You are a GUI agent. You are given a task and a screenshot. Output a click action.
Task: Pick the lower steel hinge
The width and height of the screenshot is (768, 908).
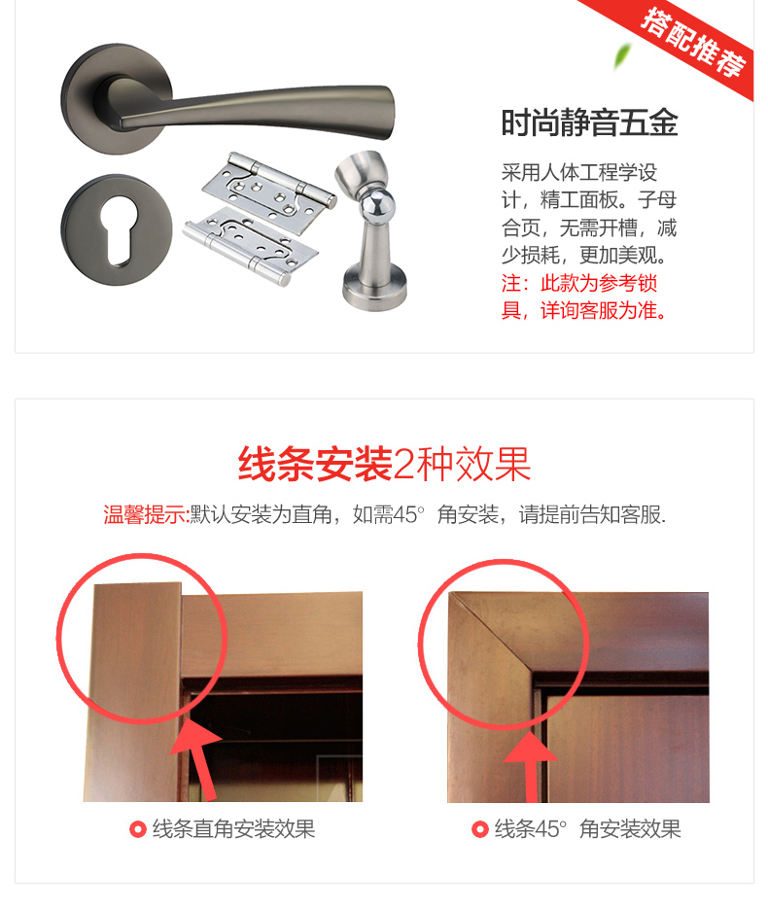click(x=250, y=246)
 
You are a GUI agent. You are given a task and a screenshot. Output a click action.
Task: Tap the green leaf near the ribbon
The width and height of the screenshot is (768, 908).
click(x=621, y=55)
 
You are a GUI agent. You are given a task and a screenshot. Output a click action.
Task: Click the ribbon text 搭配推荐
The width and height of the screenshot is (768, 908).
click(x=693, y=42)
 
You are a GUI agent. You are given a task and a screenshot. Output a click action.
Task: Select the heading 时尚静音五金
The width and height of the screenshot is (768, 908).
click(x=589, y=122)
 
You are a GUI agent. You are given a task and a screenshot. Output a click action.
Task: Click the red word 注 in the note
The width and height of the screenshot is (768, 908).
click(x=510, y=284)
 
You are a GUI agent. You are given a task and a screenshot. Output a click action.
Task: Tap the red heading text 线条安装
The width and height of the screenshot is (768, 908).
click(x=315, y=465)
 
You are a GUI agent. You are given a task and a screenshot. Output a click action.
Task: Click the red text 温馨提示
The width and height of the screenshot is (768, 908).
click(x=145, y=514)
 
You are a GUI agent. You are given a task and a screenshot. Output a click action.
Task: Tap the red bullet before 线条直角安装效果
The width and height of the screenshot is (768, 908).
click(x=137, y=829)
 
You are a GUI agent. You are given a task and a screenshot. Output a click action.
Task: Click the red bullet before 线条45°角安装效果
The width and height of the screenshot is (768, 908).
click(x=479, y=829)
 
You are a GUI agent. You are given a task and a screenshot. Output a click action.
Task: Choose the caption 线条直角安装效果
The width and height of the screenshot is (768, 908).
click(x=233, y=829)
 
